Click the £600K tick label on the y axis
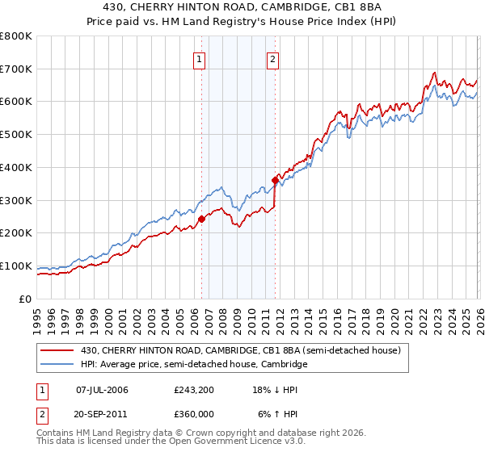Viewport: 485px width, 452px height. [x=16, y=102]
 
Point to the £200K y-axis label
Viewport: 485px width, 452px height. [x=16, y=233]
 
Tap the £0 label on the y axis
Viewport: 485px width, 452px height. [x=24, y=299]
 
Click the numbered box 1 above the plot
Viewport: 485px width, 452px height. [x=199, y=58]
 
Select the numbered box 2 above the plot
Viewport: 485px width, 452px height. [x=273, y=58]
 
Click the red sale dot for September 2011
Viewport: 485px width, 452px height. [x=276, y=180]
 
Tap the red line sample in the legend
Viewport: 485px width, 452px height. [x=57, y=350]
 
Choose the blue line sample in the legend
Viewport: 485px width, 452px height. [x=57, y=365]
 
